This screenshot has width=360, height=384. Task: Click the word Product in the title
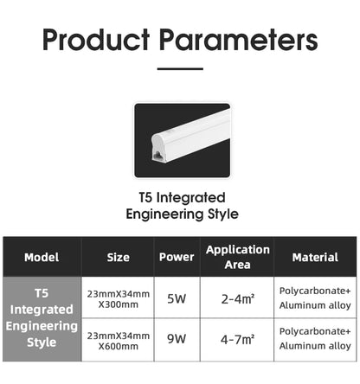(x=96, y=40)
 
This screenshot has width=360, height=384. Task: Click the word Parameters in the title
(x=239, y=40)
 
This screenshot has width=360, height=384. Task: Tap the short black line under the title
(x=180, y=68)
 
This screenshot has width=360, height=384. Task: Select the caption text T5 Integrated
(x=182, y=198)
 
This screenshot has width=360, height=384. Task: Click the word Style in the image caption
(x=223, y=214)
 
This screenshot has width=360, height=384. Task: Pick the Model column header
(x=42, y=257)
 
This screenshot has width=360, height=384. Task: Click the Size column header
(x=118, y=257)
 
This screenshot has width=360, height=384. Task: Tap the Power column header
(x=177, y=257)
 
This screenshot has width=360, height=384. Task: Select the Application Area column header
(x=238, y=257)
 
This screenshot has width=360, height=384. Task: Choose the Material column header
(x=315, y=257)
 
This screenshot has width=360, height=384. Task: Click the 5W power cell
(x=177, y=298)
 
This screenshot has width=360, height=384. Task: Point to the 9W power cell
(x=177, y=339)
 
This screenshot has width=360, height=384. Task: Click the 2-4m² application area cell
(x=238, y=299)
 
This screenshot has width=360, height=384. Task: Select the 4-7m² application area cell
(x=238, y=339)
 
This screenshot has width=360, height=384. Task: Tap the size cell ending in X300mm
(x=119, y=299)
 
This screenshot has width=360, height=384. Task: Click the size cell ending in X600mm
(x=119, y=341)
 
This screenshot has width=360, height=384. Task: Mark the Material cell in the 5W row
(x=315, y=298)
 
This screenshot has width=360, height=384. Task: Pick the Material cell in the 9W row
(x=315, y=338)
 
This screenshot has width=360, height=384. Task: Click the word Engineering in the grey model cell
(x=42, y=326)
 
